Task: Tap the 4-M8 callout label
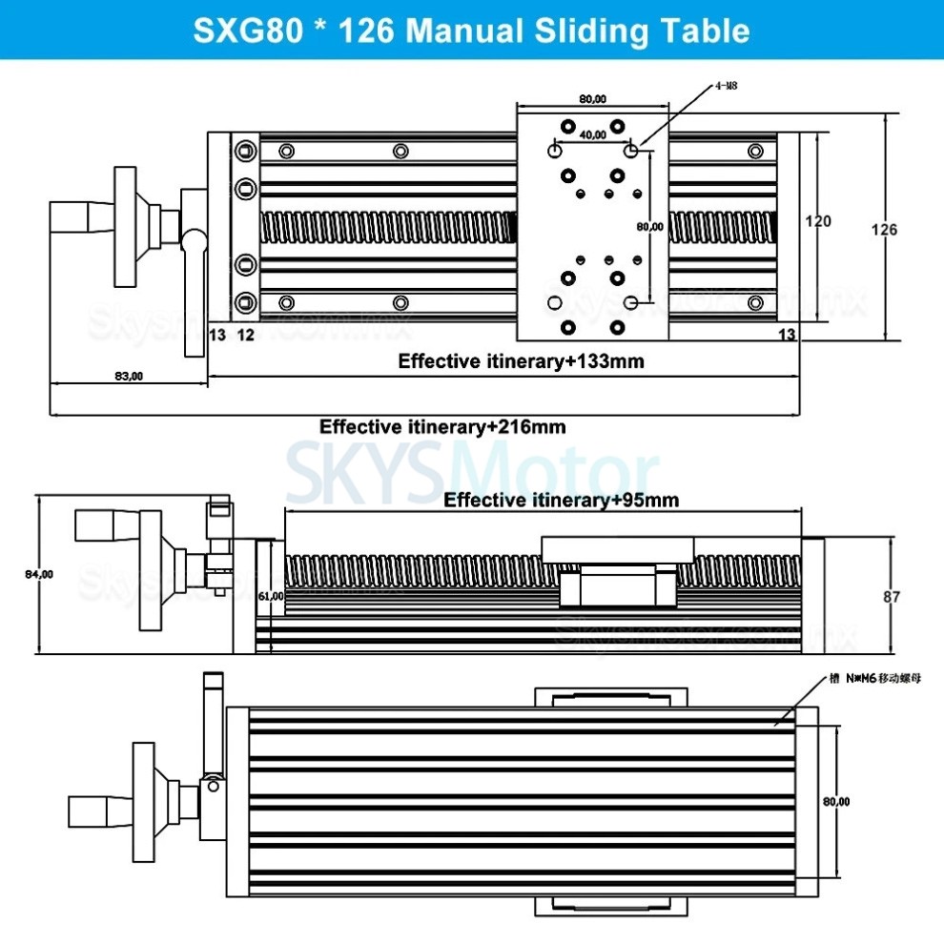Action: tap(726, 86)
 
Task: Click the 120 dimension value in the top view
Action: tap(818, 221)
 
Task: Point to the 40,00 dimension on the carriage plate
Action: tap(591, 135)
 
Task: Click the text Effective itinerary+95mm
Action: tap(562, 500)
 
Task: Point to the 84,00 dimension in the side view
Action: tap(39, 574)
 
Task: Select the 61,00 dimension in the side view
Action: tap(271, 595)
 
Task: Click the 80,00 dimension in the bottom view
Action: tap(837, 802)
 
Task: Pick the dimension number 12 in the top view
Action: tap(245, 334)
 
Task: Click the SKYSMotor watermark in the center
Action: tap(472, 470)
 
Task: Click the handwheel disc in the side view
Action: tap(151, 570)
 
